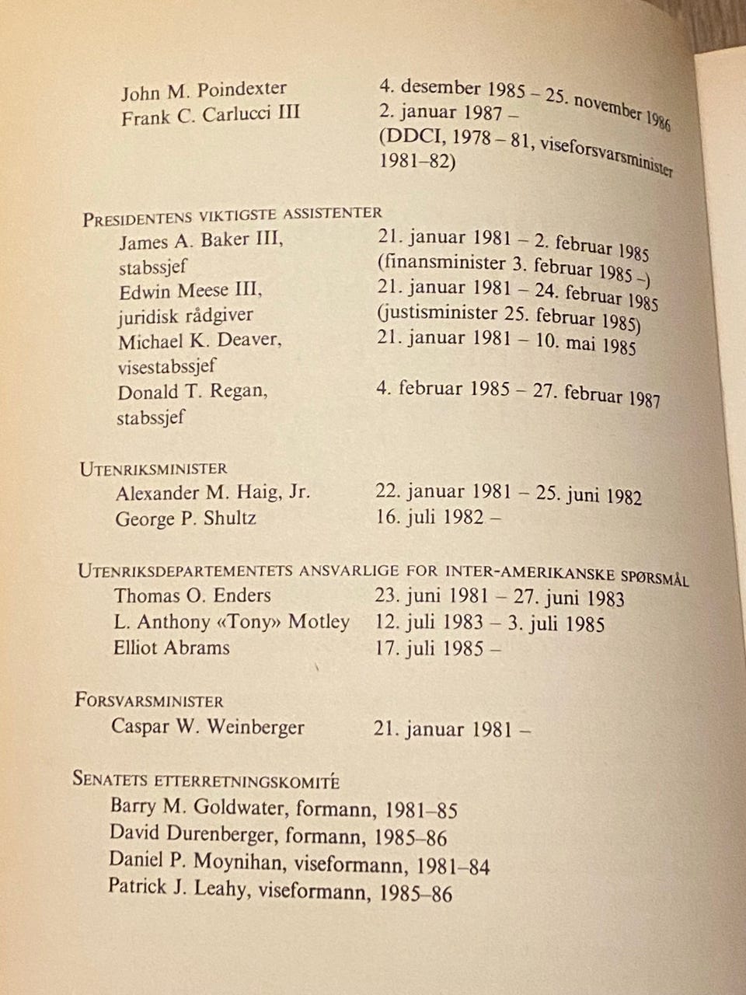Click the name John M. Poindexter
tap(204, 90)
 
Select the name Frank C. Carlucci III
tap(211, 116)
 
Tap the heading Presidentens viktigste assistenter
tap(232, 216)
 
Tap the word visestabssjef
tap(166, 365)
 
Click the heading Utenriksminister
tap(153, 469)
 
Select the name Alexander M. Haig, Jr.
tap(212, 493)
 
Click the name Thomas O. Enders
tap(192, 596)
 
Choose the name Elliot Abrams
tap(171, 648)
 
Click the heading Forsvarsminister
tap(149, 700)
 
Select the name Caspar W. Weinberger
tap(207, 728)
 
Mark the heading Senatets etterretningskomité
tap(206, 780)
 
